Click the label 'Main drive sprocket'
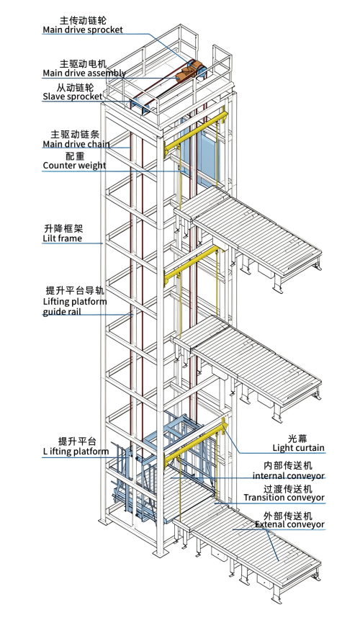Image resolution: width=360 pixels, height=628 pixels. (83, 30)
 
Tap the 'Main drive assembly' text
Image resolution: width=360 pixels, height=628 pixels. (84, 73)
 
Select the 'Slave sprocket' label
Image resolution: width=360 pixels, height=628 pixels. (73, 97)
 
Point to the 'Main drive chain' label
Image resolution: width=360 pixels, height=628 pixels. (76, 144)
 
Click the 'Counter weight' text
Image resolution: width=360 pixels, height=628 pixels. (74, 166)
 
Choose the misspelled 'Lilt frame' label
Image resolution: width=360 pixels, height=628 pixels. (63, 238)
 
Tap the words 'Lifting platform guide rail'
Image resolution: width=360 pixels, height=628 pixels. (75, 306)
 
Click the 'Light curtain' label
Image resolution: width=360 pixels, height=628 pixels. (298, 448)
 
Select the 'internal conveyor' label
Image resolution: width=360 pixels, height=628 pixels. (288, 476)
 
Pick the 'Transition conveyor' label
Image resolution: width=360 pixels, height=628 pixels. (284, 498)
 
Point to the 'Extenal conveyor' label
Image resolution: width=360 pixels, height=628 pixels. (289, 524)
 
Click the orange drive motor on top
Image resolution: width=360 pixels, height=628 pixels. (187, 73)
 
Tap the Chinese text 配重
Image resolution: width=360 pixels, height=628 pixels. (75, 156)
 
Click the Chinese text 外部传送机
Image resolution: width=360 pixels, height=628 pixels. (288, 515)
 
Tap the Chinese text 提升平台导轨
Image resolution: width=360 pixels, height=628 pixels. (75, 290)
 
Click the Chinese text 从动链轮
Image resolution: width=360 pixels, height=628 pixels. (75, 87)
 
